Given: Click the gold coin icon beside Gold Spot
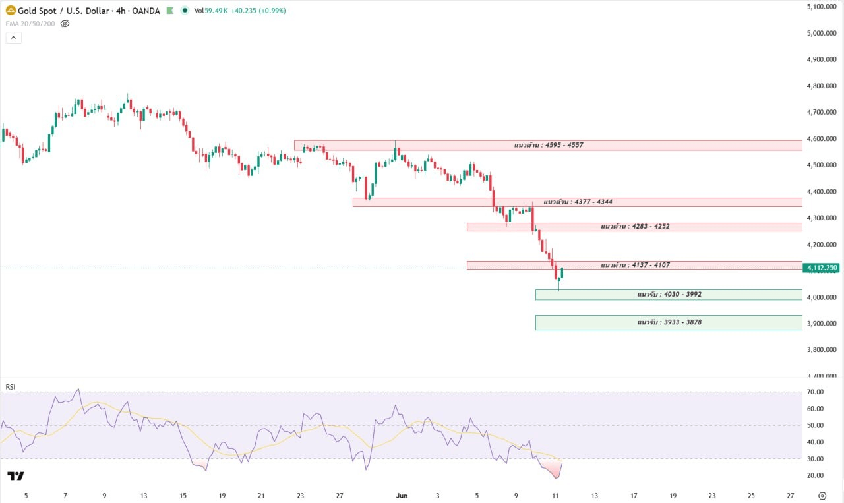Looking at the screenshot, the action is [x=11, y=10].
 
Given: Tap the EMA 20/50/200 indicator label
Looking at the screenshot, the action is [x=30, y=24].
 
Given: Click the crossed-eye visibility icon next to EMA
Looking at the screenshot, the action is [x=65, y=24].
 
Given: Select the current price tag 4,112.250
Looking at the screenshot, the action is [x=822, y=268].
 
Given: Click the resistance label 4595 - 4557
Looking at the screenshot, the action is [x=549, y=145].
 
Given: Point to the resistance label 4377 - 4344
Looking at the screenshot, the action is [x=578, y=202].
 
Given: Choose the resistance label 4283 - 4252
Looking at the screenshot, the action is [x=635, y=226].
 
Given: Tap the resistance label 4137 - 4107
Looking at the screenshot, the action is [x=635, y=265].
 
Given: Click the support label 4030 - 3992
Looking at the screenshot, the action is [x=669, y=294].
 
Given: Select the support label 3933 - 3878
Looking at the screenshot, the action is [x=669, y=322].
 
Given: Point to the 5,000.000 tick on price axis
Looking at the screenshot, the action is [x=822, y=33].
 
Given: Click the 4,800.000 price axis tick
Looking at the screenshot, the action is [x=822, y=86].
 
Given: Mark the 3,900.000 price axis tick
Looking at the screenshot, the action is [x=822, y=324].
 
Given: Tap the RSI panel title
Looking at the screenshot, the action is [x=11, y=387].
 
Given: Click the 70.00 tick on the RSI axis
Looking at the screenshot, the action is [x=815, y=392].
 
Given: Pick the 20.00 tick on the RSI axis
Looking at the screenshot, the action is [x=815, y=475].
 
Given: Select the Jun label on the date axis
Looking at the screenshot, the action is [x=402, y=496].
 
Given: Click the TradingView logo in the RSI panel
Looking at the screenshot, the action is [x=15, y=476].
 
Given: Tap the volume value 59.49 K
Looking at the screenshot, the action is [x=216, y=11].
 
